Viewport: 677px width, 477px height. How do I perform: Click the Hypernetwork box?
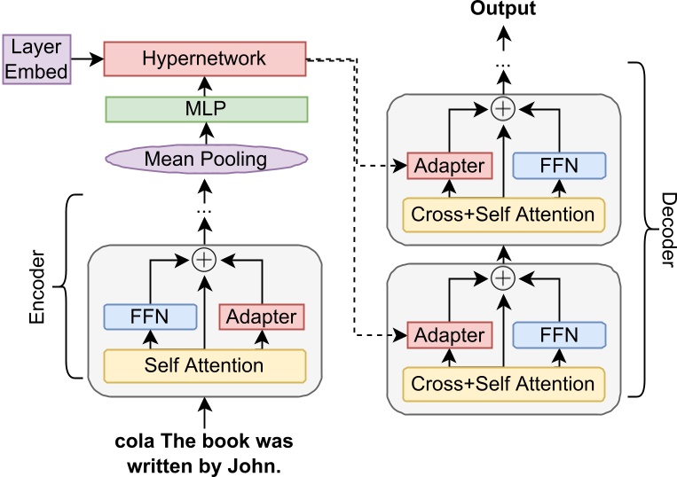(204, 59)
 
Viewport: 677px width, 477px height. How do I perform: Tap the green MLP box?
(205, 109)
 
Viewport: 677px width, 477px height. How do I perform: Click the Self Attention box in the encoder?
(205, 364)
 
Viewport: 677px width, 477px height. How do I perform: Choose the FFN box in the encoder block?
(148, 317)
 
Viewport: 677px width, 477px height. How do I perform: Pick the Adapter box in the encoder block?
(262, 317)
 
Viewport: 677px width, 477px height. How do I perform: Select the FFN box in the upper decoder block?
(560, 166)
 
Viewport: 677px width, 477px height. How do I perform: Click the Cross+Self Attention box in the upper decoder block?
(504, 214)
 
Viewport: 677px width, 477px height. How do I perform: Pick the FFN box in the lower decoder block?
(560, 336)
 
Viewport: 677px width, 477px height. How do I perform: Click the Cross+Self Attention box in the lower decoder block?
(504, 384)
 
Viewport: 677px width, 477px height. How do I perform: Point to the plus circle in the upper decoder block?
(504, 109)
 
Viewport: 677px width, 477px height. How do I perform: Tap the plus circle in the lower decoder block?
(504, 278)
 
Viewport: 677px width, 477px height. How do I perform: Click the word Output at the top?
(503, 9)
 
